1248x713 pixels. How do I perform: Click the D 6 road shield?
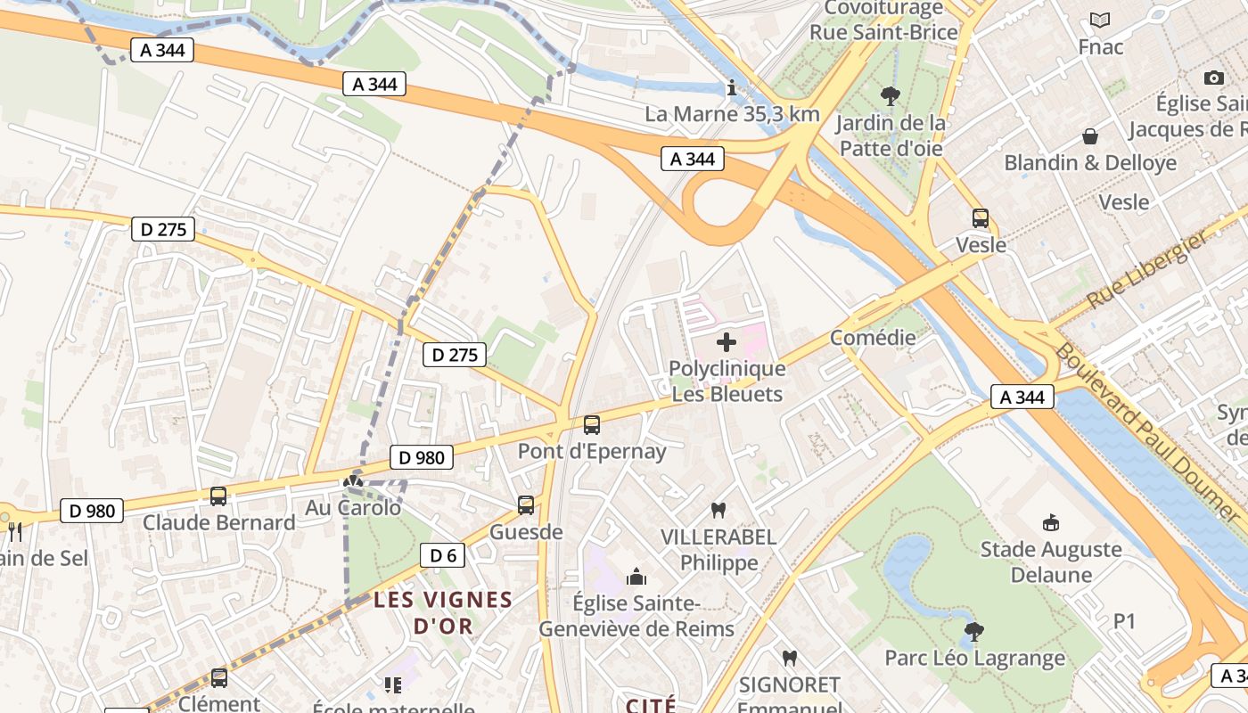[442, 556]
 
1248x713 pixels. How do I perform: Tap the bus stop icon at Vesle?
[981, 218]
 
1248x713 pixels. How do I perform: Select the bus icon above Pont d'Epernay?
[592, 425]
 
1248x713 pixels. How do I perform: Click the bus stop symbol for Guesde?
[526, 505]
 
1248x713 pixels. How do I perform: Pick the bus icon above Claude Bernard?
[218, 496]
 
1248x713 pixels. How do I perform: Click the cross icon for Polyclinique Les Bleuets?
[727, 342]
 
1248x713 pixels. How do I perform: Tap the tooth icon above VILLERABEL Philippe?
[718, 511]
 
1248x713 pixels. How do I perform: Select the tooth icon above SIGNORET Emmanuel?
[789, 659]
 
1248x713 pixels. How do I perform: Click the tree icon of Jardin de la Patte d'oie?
[890, 95]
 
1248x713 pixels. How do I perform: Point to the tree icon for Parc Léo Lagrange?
[974, 632]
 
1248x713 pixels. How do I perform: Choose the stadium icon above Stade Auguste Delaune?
[1051, 522]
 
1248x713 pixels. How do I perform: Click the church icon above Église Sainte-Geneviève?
[636, 578]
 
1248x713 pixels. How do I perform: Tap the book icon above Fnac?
[1100, 20]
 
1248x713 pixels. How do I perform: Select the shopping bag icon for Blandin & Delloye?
[1089, 136]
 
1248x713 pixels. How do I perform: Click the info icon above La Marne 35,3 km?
[732, 87]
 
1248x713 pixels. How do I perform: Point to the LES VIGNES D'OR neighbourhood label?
[443, 612]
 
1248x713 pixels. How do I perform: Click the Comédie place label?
[873, 338]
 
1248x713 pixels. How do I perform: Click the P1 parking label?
[1125, 621]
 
